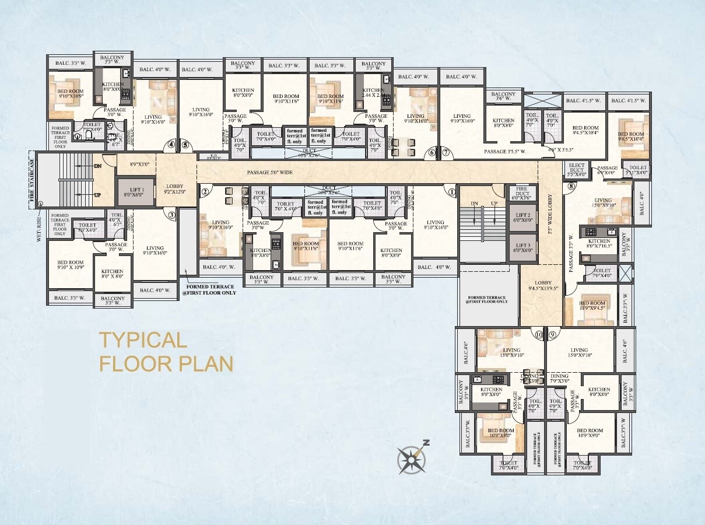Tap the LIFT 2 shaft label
[x=523, y=218]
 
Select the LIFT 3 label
[x=523, y=248]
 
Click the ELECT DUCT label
[x=576, y=170]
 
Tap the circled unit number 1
[x=451, y=190]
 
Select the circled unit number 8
[x=571, y=187]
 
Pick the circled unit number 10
[x=539, y=335]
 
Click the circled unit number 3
[x=172, y=215]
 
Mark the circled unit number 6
[x=432, y=153]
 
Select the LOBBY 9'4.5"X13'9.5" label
[x=543, y=285]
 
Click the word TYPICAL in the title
[x=142, y=339]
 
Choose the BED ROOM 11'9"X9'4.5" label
[x=592, y=306]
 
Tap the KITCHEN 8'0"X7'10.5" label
[x=599, y=243]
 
